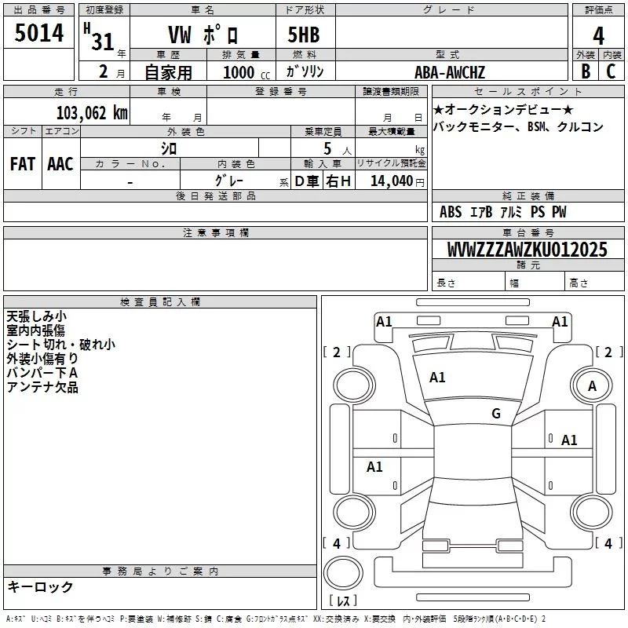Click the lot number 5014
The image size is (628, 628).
pos(39,32)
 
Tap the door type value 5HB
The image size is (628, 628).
pos(305,35)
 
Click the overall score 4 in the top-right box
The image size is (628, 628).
pos(599,35)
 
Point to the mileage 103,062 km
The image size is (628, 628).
pos(92,112)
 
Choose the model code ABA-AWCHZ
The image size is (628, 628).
pos(450,73)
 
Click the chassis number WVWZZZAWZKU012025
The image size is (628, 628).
pos(527,250)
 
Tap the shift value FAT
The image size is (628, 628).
pos(23,164)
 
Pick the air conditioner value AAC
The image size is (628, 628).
pos(60,164)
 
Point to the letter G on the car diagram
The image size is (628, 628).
pos(496,414)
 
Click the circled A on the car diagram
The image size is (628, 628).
pos(592,385)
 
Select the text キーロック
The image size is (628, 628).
pos(40,586)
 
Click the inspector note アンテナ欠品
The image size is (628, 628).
pos(42,387)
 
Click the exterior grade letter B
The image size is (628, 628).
pos(585,71)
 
